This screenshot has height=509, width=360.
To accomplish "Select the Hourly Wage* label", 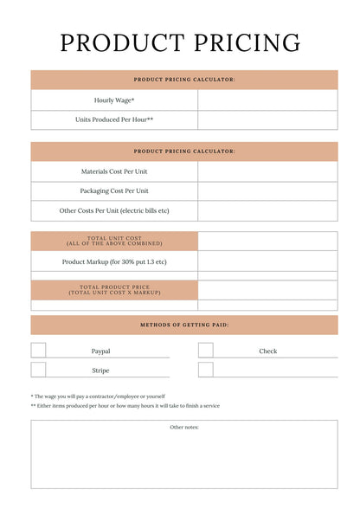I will [x=114, y=100].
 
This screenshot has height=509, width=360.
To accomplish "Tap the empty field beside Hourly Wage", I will [x=267, y=100].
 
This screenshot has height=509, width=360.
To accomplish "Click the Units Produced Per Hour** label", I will [x=114, y=119].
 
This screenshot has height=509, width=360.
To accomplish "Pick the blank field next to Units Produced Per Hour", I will [x=267, y=119].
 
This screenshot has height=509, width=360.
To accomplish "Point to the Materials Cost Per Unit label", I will [x=114, y=171].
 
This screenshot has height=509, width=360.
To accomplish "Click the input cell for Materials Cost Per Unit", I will [x=267, y=171].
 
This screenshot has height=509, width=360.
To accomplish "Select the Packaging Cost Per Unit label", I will [x=114, y=190].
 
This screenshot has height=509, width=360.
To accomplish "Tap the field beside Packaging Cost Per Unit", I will [x=267, y=190].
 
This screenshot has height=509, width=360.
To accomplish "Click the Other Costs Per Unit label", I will [x=114, y=210].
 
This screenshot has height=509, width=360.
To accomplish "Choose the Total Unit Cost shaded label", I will [x=114, y=241].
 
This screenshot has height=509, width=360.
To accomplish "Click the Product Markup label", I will [x=114, y=261].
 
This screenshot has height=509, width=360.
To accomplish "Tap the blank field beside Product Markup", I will [x=267, y=261].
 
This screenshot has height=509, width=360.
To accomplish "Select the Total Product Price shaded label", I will [x=114, y=290].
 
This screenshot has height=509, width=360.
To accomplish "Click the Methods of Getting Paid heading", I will [x=184, y=325].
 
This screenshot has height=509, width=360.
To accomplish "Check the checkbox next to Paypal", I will [x=39, y=351].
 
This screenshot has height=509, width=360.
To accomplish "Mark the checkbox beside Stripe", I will [x=39, y=370].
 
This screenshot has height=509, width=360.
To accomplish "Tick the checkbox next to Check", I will [x=206, y=351].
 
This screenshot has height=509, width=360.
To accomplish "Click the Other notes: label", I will [x=184, y=427].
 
